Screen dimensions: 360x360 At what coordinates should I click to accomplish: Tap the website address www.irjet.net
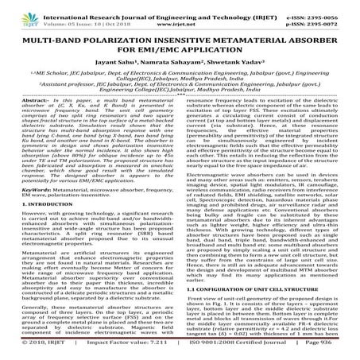pyautogui.click(x=181, y=15)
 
